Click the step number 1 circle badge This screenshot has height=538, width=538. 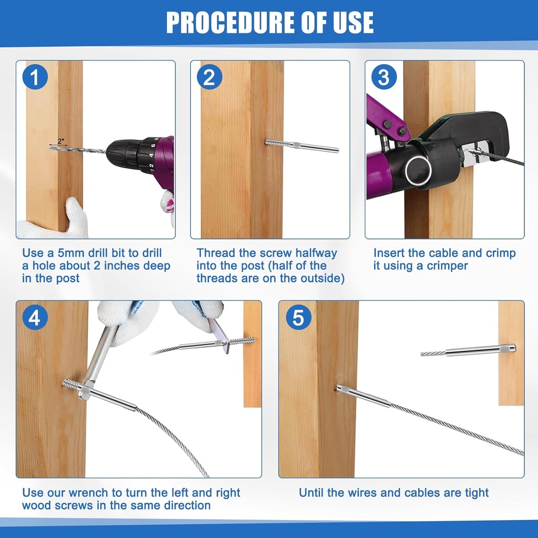coord(35,78)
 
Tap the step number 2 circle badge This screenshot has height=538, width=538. coord(210,78)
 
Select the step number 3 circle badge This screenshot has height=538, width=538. coord(384,78)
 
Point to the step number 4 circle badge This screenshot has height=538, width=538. coord(35,318)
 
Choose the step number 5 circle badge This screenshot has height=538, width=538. coord(298,318)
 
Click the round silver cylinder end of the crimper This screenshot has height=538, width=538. coord(419,171)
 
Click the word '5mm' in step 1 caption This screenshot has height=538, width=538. coord(77,253)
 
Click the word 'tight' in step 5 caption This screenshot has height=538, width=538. coord(475,493)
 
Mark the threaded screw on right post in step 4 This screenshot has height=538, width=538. coord(243,342)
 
